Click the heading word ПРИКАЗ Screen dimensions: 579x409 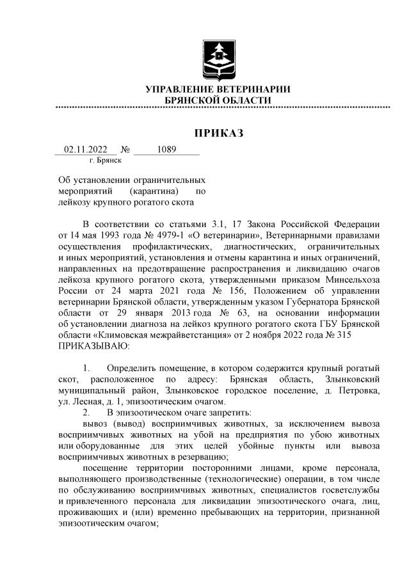tap(219, 133)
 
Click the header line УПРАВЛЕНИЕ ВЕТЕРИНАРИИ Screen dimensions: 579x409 tap(218, 90)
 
